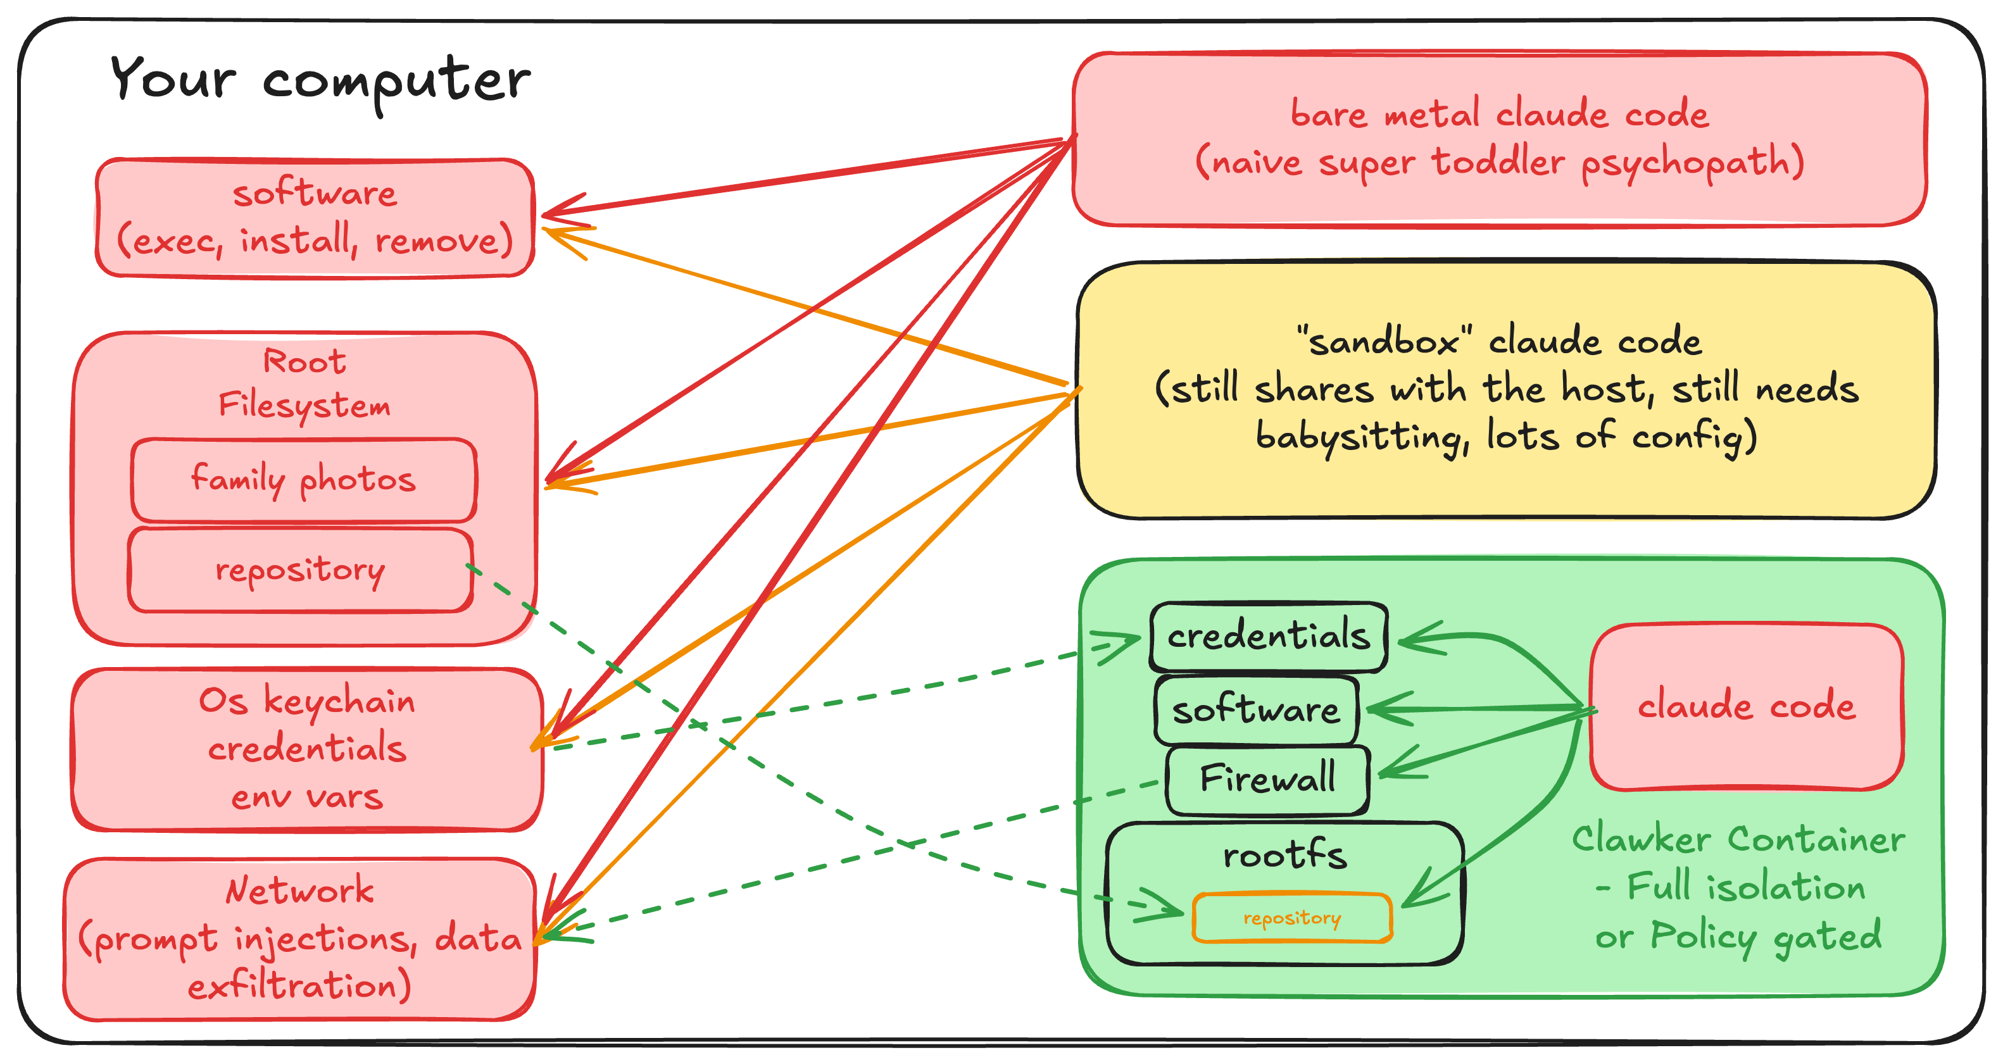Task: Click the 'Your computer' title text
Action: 320,80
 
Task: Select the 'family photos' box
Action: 303,480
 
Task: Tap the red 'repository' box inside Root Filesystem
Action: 300,570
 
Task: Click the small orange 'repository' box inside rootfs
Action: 1291,918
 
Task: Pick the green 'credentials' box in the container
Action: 1268,637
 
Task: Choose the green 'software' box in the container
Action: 1256,710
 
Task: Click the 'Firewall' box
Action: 1267,779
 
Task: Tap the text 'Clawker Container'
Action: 1738,840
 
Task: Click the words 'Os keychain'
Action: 307,701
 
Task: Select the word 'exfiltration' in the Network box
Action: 299,986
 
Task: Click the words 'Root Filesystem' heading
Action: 304,384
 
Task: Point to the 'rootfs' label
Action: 1284,855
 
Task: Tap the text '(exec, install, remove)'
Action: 315,241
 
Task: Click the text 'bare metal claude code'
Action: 1499,115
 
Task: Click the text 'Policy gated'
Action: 1765,936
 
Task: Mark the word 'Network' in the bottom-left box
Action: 299,890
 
